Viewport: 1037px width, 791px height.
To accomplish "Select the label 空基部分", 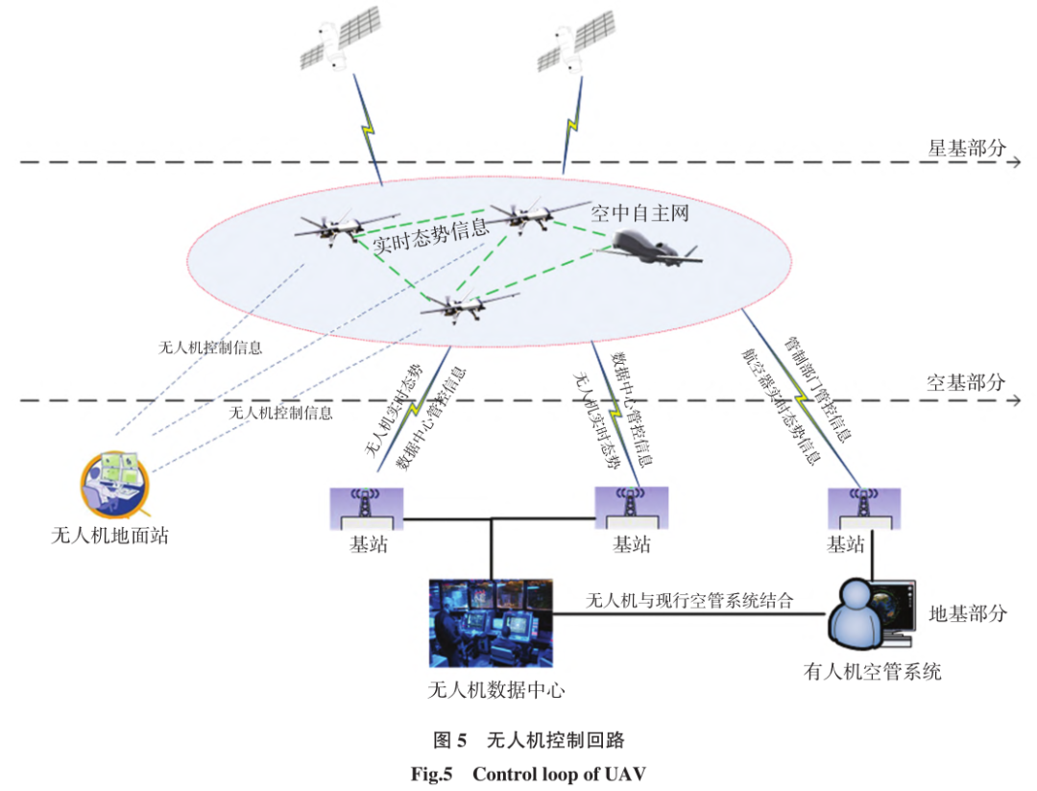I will pyautogui.click(x=966, y=382).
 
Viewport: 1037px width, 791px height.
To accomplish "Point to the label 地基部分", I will pyautogui.click(x=967, y=613).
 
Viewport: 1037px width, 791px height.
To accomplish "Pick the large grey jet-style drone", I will pyautogui.click(x=651, y=251).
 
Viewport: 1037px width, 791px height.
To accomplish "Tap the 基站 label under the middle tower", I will pyautogui.click(x=631, y=545).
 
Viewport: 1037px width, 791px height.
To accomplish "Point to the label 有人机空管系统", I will pyautogui.click(x=872, y=671).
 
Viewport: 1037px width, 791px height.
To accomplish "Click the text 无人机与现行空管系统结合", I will pyautogui.click(x=690, y=602).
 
